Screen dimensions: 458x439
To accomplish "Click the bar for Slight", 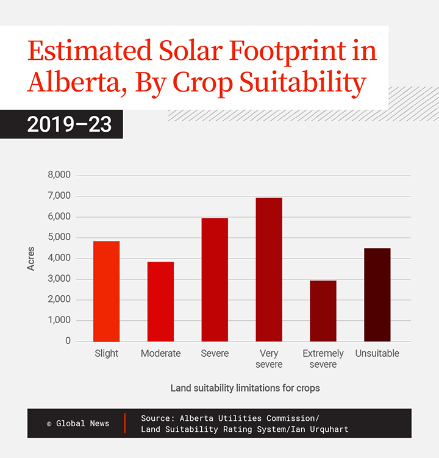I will pyautogui.click(x=106, y=292).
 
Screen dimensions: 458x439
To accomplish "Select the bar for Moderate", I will pyautogui.click(x=160, y=302).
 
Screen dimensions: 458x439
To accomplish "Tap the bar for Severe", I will pyautogui.click(x=215, y=280).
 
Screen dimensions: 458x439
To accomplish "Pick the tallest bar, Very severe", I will pyautogui.click(x=269, y=270).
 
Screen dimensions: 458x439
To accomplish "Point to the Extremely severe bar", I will pyautogui.click(x=323, y=311).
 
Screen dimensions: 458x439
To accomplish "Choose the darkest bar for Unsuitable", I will pyautogui.click(x=377, y=295).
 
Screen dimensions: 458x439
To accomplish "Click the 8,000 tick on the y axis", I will pyautogui.click(x=59, y=175).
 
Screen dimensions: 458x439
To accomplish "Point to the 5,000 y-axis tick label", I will pyautogui.click(x=59, y=237).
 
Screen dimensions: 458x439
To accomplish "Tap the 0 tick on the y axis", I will pyautogui.click(x=68, y=341).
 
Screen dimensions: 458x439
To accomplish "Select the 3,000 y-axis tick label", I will pyautogui.click(x=59, y=279).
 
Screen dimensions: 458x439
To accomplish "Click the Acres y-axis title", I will pyautogui.click(x=31, y=259).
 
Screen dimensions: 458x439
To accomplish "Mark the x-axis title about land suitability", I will pyautogui.click(x=245, y=388).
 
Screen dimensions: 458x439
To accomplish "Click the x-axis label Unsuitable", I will pyautogui.click(x=377, y=354).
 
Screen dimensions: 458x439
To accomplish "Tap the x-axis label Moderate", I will pyautogui.click(x=160, y=354).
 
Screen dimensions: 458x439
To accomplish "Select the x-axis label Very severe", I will pyautogui.click(x=269, y=359).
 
